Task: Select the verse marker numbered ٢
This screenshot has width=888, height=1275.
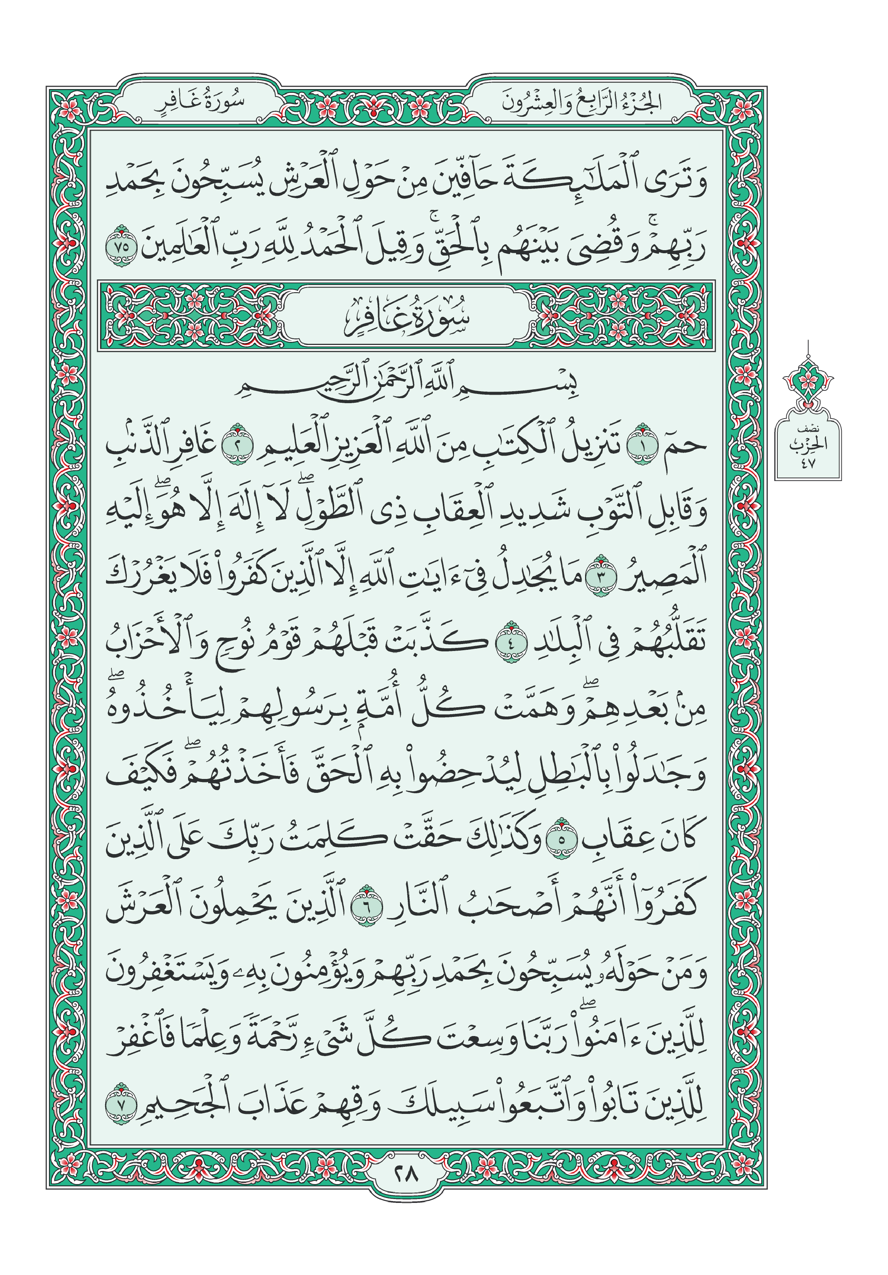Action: [237, 445]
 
